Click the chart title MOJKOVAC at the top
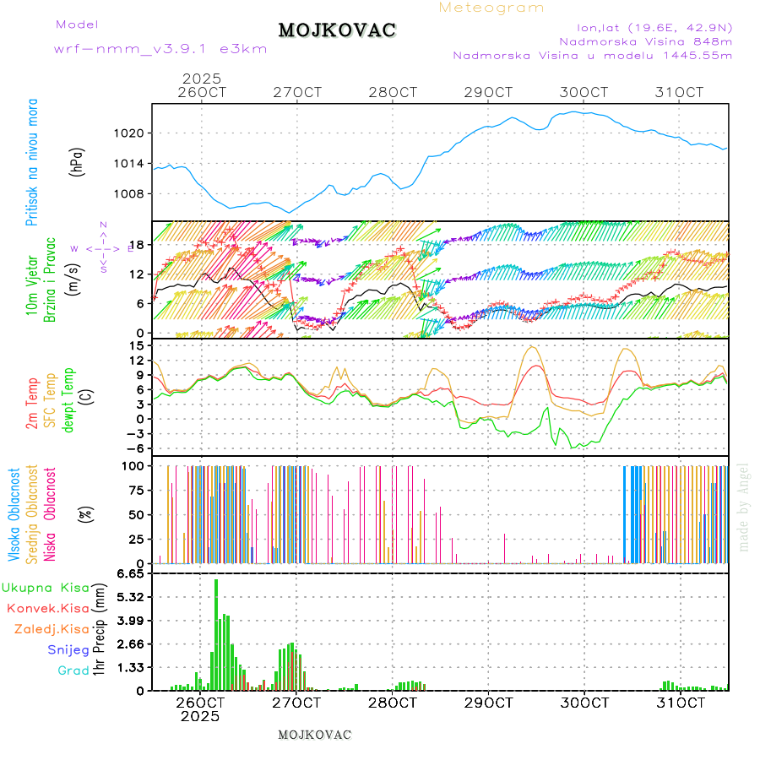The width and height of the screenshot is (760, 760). pos(337,30)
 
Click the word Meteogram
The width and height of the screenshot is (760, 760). pos(491,8)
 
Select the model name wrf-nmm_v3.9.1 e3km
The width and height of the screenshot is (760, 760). pos(160,49)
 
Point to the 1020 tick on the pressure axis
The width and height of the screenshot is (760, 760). pos(129,133)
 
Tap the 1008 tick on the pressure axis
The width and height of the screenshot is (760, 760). pos(129,193)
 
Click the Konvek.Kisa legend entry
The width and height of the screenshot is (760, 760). pos(47,608)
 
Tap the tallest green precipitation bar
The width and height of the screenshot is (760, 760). pos(215,633)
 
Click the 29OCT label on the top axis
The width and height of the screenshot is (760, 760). pos(491,92)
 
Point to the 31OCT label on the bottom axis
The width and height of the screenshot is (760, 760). pos(681,703)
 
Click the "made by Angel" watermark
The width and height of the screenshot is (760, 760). pos(744,507)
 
